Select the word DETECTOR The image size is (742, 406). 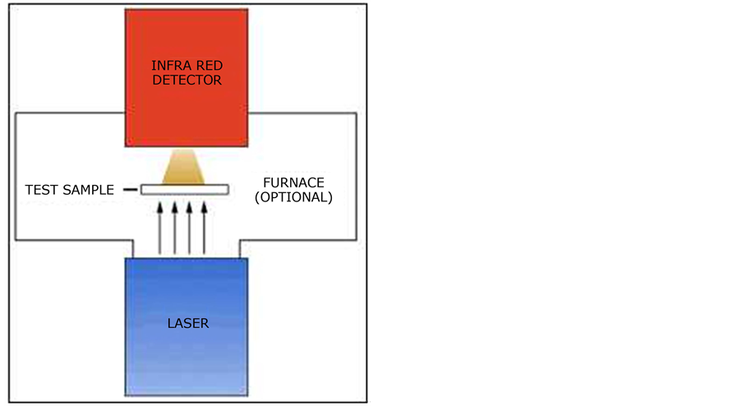pos(187,81)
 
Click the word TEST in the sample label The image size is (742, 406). pos(41,190)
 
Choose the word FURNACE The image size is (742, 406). pos(293,182)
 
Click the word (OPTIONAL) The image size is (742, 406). pos(293,197)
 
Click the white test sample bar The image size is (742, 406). pos(184,190)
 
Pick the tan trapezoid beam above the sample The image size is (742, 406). pos(184,168)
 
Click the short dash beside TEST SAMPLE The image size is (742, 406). pos(129,190)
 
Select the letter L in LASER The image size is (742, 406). pos(169,323)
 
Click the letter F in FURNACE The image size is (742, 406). pos(266,182)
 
